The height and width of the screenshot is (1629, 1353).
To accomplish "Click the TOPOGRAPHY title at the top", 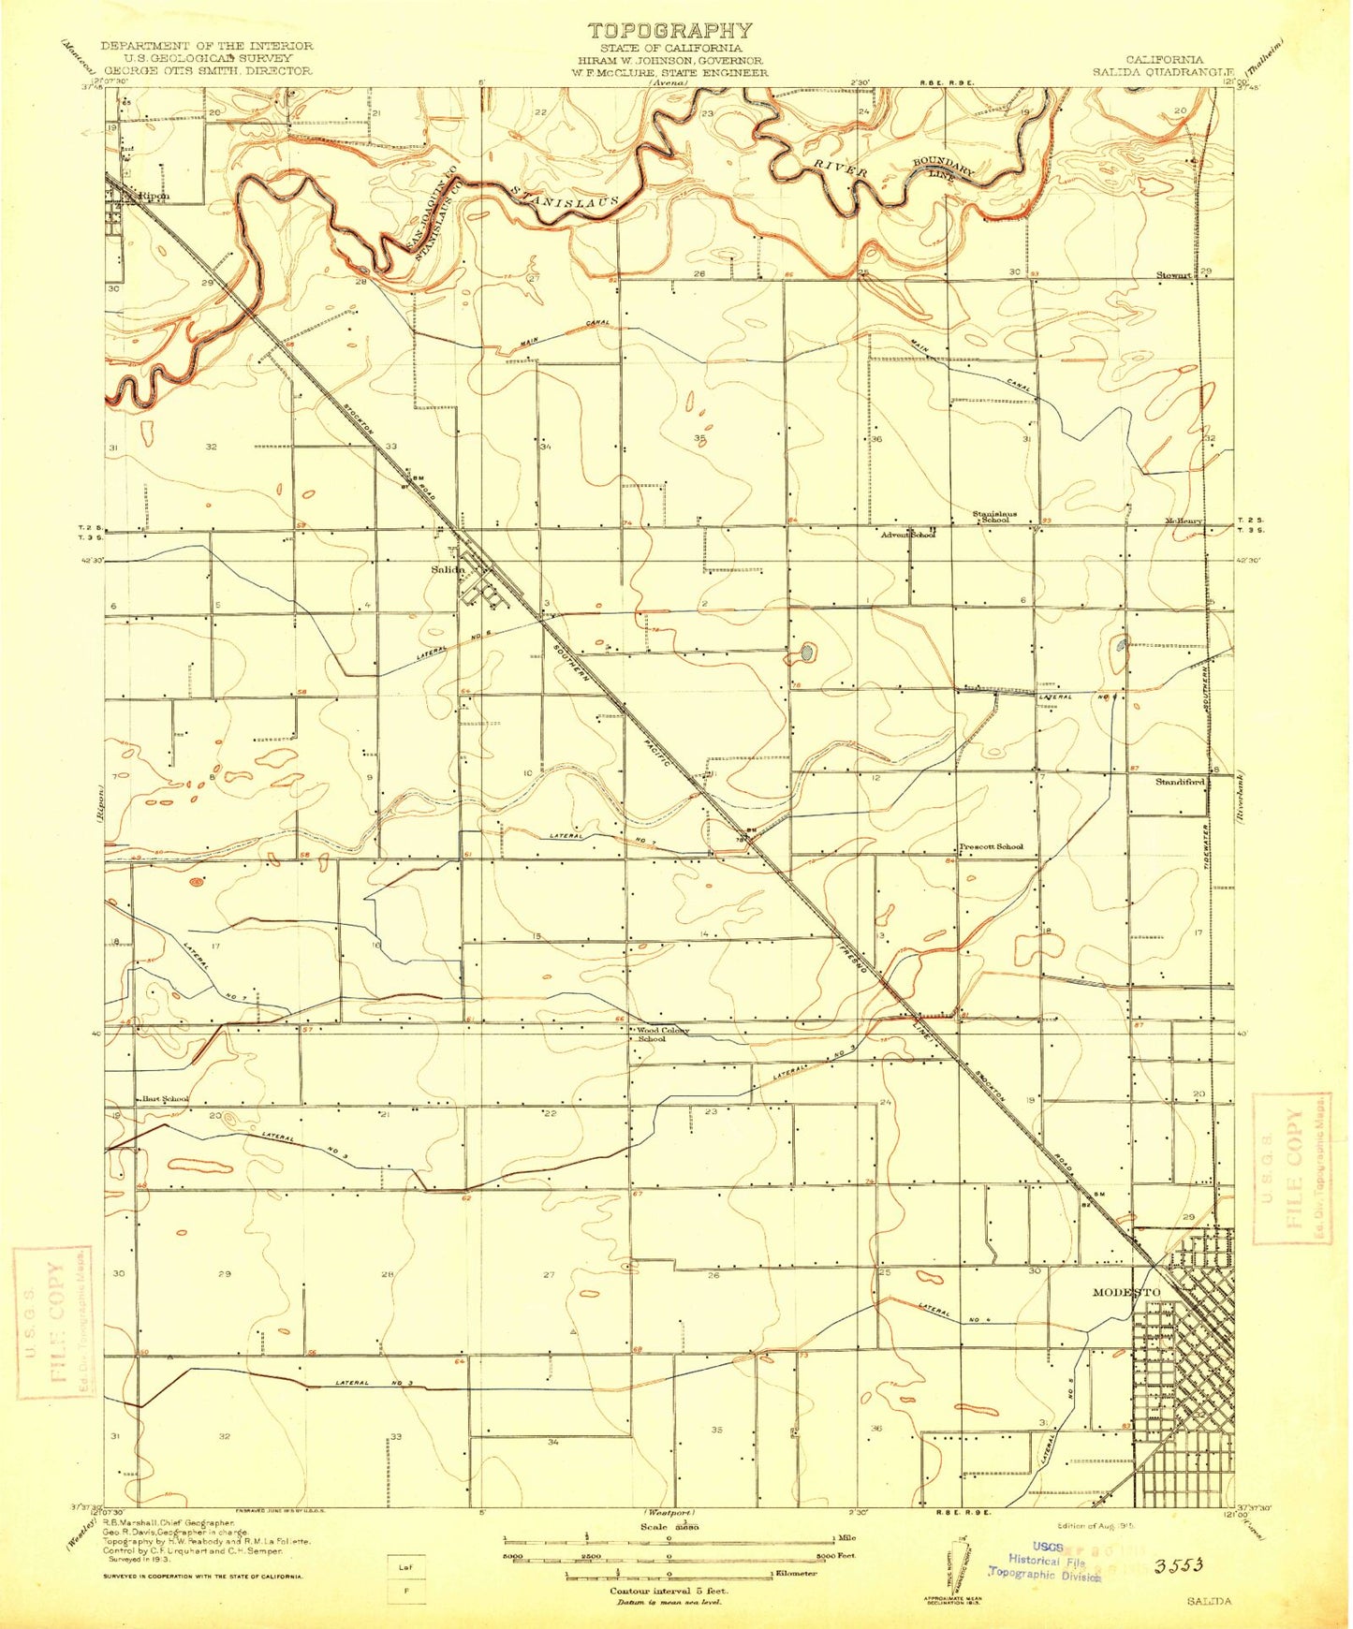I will pos(669,31).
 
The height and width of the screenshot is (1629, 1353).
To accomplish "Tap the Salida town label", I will pos(447,569).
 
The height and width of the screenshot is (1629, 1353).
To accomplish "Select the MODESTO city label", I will pos(1126,1292).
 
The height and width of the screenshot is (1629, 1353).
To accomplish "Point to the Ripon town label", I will pos(153,197).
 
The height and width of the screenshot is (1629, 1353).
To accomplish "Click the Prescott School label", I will pos(991,846).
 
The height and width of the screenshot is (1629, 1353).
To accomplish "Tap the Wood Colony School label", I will pos(663,1035).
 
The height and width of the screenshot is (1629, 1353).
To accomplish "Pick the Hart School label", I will pos(165,1098).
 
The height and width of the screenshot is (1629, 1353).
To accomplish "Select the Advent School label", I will pos(907,535).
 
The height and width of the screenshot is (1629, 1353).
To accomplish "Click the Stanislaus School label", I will pos(994,516).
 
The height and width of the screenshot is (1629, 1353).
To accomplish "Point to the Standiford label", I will pos(1179,781).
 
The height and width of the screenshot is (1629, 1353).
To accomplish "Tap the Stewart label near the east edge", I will pos(1173,275).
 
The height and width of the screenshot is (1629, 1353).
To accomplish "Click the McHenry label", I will pos(1184,521).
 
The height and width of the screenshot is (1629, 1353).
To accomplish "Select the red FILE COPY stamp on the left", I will pos(53,1321).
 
